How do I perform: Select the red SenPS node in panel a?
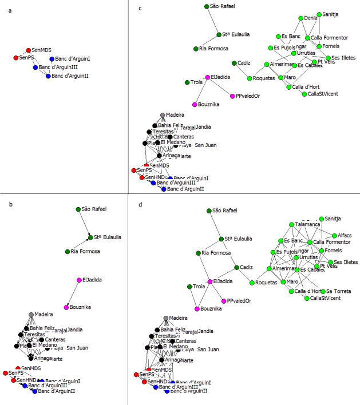[x=16, y=58]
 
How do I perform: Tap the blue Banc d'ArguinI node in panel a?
[x=52, y=59]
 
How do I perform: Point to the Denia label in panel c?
[x=311, y=18]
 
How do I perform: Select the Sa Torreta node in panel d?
[x=321, y=291]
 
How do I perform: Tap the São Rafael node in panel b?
[x=78, y=209]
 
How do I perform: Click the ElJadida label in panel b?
[x=93, y=280]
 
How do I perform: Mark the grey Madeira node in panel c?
[x=163, y=115]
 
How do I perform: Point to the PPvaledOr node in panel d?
[x=223, y=300]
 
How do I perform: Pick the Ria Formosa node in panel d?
[x=198, y=252]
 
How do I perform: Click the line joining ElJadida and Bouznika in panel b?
[x=72, y=293]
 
